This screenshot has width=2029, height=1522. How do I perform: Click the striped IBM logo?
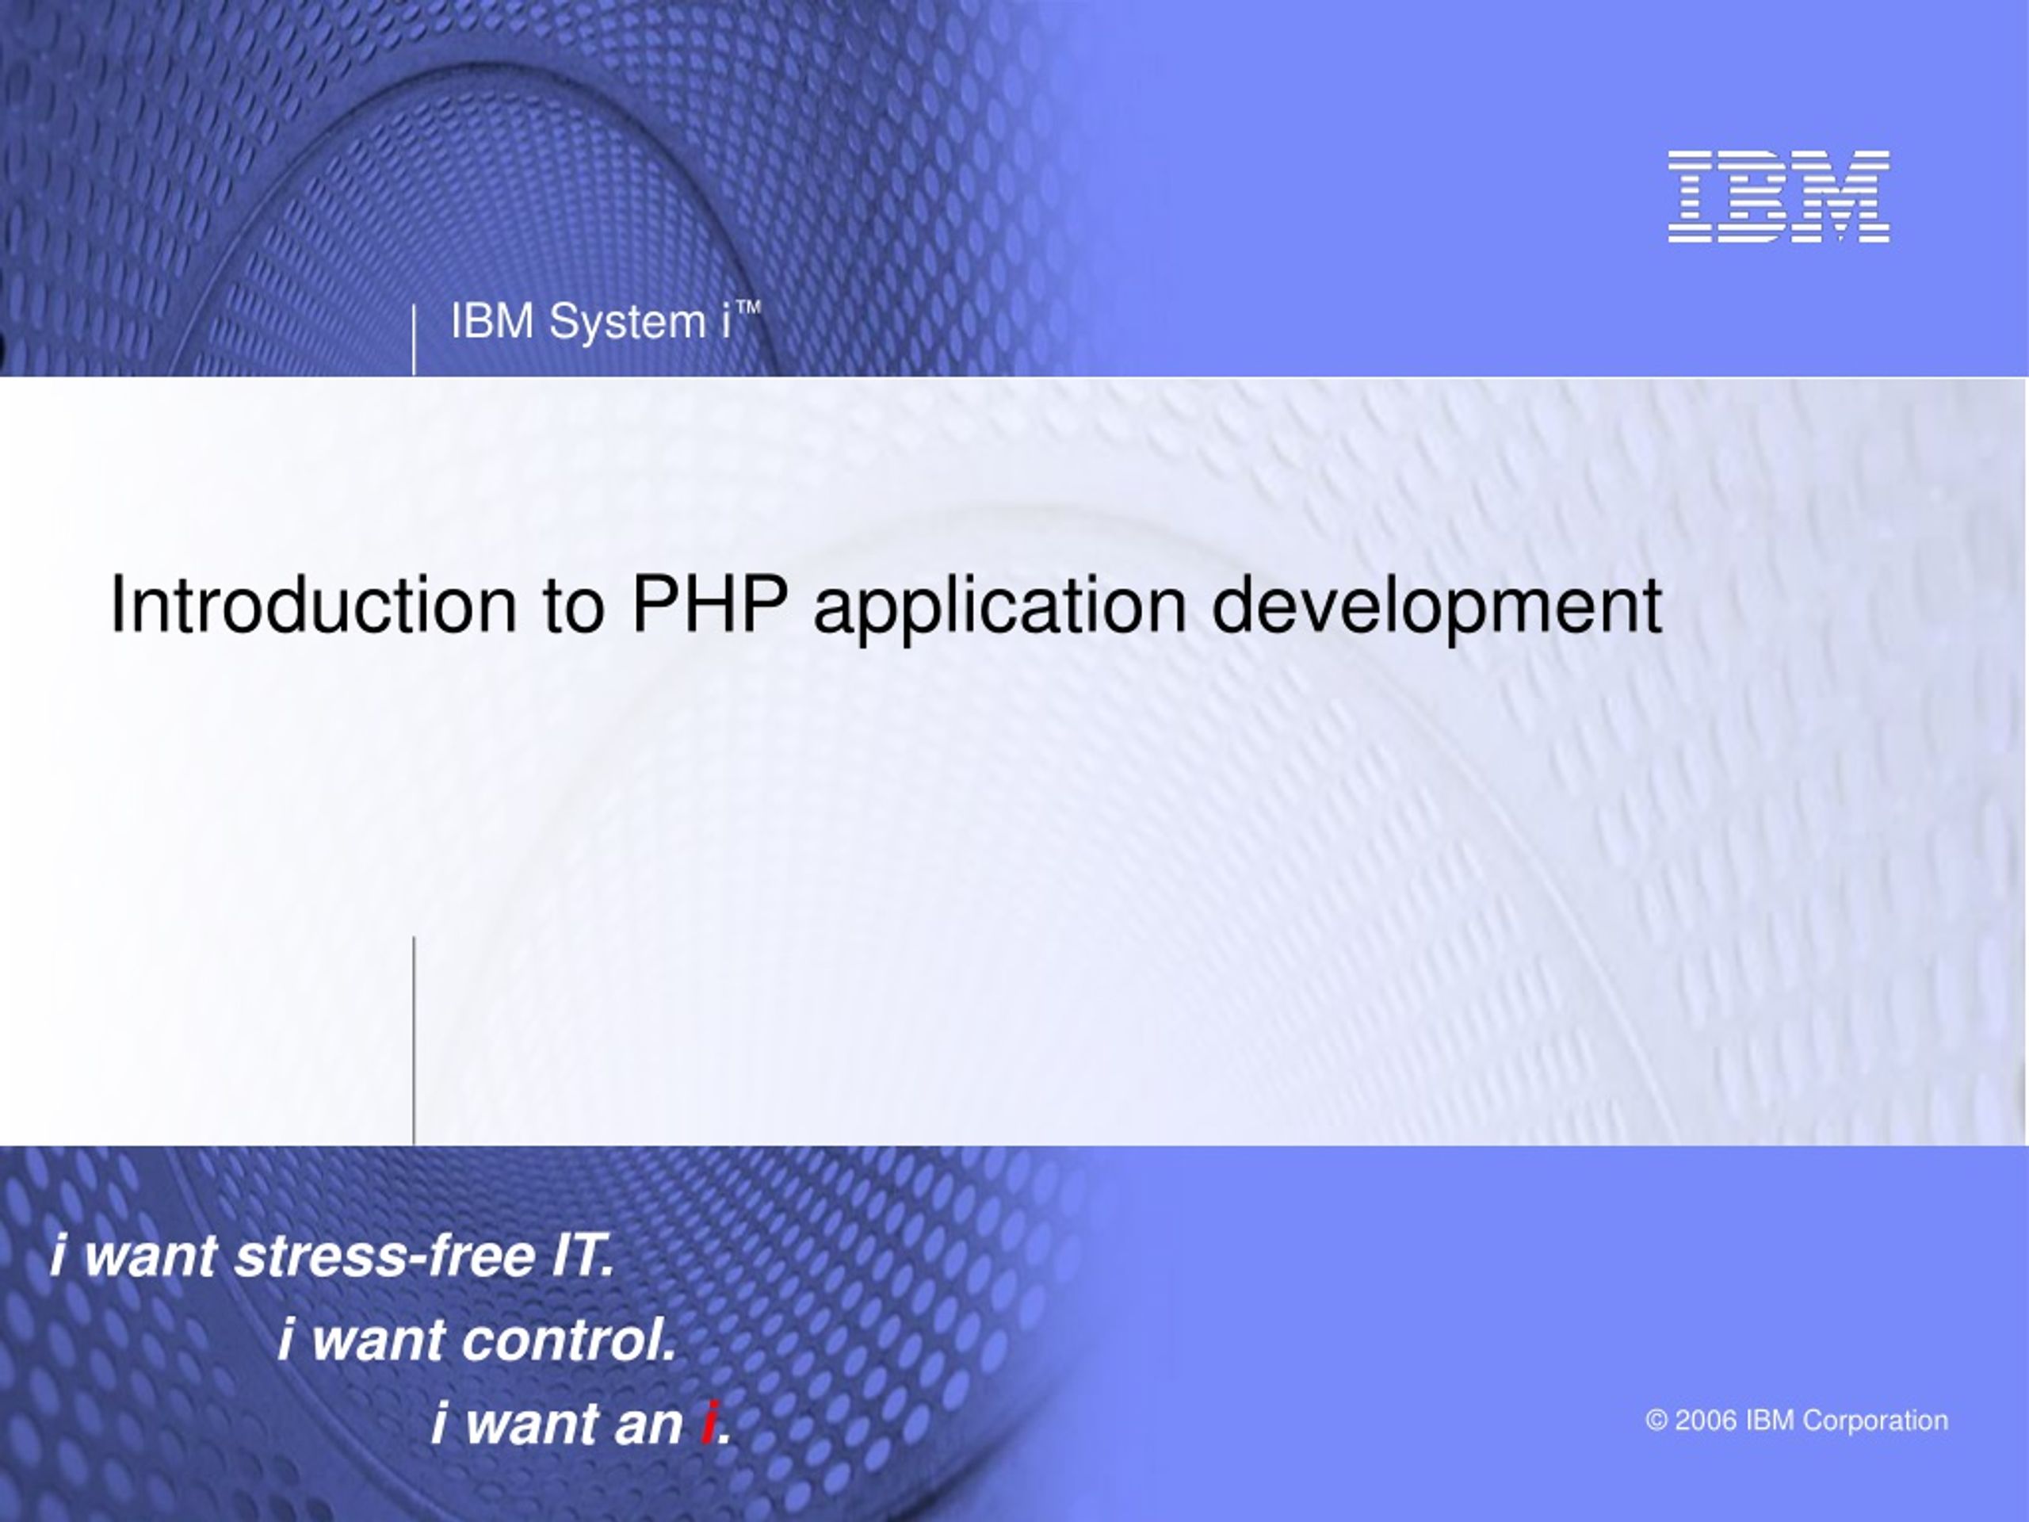[1779, 197]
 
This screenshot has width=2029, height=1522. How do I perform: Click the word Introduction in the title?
[313, 606]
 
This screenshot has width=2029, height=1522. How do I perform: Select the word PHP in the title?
[710, 606]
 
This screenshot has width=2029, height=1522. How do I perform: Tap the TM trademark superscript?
[750, 308]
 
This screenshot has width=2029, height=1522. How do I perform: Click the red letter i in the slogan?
[707, 1423]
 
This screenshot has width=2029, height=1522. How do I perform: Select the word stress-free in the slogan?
[385, 1256]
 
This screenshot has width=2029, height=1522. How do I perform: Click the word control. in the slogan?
[569, 1340]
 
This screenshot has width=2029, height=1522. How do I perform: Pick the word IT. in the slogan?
[583, 1256]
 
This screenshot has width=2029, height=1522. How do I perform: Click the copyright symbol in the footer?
[1656, 1421]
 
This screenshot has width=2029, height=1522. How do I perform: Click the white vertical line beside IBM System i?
[414, 339]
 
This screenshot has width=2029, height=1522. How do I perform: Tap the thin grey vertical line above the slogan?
[414, 1040]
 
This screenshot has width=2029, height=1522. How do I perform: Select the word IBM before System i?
[492, 322]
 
